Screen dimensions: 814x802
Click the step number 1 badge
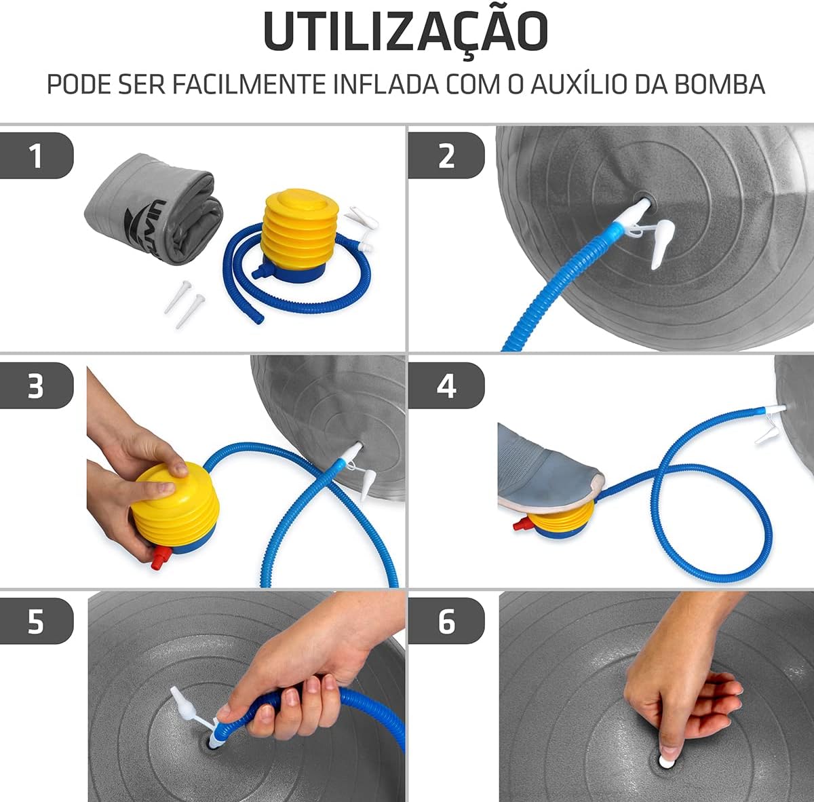click(x=36, y=156)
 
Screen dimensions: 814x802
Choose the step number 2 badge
click(x=446, y=156)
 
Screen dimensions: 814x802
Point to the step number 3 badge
click(x=36, y=386)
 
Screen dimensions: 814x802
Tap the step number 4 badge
click(x=446, y=386)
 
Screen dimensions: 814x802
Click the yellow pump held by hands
click(x=174, y=509)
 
